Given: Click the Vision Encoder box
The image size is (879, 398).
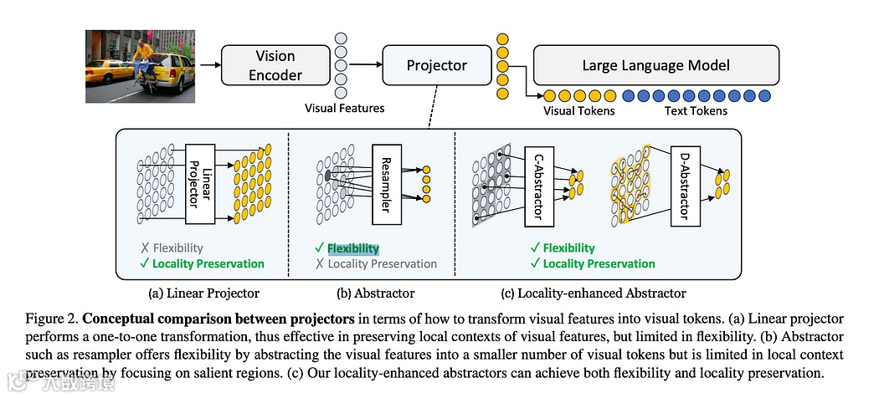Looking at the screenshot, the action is pos(275,65).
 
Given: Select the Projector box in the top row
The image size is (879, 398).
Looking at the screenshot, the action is pos(437,65).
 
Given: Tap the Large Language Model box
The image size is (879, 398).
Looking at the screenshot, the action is pos(655,65).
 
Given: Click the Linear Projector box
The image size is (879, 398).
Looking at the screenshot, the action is pos(200,184).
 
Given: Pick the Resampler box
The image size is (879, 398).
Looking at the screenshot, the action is pos(386,184).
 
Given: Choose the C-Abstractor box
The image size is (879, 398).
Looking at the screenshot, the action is pos(539,187).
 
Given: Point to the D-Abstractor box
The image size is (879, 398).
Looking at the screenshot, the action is pos(685,187).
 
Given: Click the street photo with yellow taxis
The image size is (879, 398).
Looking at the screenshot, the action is pos(140,67).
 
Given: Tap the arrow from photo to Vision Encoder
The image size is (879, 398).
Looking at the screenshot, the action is pos(210,65).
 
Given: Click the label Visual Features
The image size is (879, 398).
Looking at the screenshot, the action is pos(345,108).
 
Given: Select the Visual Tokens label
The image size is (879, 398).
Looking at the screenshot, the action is pos(579,111).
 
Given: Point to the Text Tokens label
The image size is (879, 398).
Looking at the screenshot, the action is pos(696,111).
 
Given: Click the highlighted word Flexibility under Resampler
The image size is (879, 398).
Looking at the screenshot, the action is pos(353,248).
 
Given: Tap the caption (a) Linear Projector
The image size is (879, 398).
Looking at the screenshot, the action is pos(204,293).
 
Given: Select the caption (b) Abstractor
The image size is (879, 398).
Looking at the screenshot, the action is pos(376,293).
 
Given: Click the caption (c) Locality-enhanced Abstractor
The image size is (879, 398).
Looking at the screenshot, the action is pos(594,293).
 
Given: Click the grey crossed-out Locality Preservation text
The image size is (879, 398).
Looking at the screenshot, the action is pos(383,263).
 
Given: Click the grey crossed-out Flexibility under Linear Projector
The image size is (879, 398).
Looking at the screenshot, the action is pos(177,248).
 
